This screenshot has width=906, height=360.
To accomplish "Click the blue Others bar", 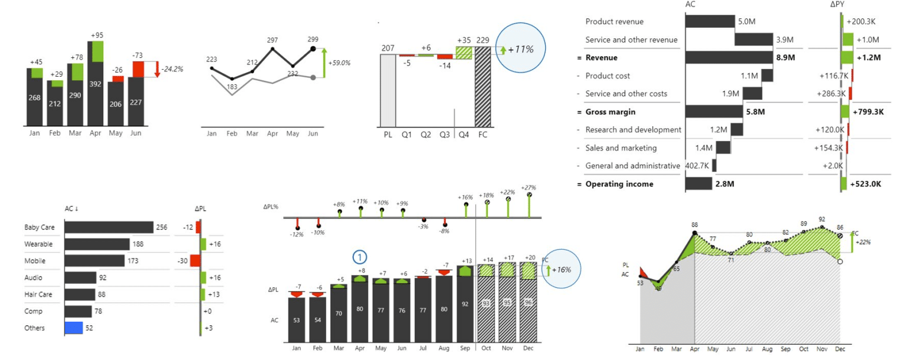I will click(73, 328).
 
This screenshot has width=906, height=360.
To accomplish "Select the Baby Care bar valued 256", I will click(109, 227).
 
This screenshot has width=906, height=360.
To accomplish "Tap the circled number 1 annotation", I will click(360, 257).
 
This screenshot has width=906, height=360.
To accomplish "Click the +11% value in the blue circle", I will click(521, 49).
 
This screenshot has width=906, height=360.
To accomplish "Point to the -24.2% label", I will click(173, 69).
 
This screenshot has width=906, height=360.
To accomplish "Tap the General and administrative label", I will click(632, 166).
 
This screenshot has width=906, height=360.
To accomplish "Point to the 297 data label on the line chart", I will click(272, 40).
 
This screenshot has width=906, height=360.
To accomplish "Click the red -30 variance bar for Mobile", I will click(195, 261).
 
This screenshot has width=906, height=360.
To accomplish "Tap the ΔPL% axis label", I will click(271, 207).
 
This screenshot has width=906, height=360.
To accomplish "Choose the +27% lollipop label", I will click(528, 187).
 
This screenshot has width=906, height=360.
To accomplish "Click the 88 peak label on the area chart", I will click(694, 225).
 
